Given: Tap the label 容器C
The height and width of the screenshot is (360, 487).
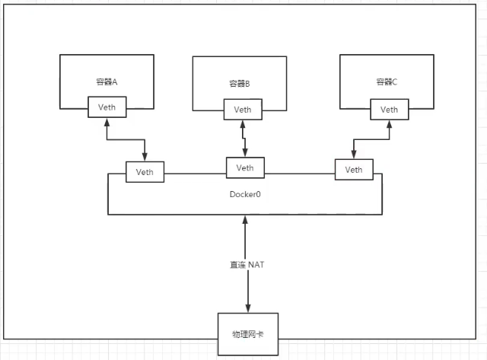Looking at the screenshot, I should pyautogui.click(x=387, y=81).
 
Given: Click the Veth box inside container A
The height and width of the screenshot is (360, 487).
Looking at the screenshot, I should pyautogui.click(x=107, y=107).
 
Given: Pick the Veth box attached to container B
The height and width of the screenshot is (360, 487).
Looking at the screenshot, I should pyautogui.click(x=243, y=110).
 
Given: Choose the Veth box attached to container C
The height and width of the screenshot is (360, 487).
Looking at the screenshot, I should pyautogui.click(x=389, y=110).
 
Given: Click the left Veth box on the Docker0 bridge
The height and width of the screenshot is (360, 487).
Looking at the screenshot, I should pyautogui.click(x=145, y=172).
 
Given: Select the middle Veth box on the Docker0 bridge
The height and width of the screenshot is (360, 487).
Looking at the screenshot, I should pyautogui.click(x=245, y=167).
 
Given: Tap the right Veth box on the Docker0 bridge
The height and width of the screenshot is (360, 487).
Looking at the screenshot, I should pyautogui.click(x=354, y=169).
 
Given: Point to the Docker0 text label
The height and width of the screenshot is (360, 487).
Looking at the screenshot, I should pyautogui.click(x=245, y=194).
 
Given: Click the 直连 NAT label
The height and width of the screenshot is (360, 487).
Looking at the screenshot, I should pyautogui.click(x=246, y=264).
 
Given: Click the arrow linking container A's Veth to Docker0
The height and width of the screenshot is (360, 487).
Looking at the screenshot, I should pyautogui.click(x=122, y=139).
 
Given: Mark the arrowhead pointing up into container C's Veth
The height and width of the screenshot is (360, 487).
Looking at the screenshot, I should pyautogui.click(x=389, y=124).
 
